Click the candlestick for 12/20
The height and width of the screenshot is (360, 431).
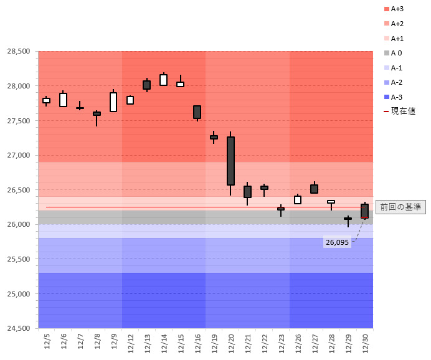pyautogui.click(x=230, y=161)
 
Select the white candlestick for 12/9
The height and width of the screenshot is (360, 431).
pyautogui.click(x=113, y=102)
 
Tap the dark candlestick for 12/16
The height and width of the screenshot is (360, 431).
pyautogui.click(x=197, y=112)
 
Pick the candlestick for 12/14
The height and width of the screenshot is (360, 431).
pyautogui.click(x=163, y=80)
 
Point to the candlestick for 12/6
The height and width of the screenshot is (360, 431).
pyautogui.click(x=63, y=100)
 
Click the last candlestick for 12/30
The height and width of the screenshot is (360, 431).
pyautogui.click(x=364, y=211)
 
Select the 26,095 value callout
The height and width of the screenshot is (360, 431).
pyautogui.click(x=337, y=242)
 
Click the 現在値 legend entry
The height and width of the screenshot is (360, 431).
pyautogui.click(x=399, y=111)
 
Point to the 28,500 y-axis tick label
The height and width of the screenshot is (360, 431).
pyautogui.click(x=19, y=51)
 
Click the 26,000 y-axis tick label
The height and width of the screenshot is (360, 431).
pyautogui.click(x=19, y=224)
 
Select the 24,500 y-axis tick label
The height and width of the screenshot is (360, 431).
pyautogui.click(x=19, y=328)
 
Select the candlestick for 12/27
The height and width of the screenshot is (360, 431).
pyautogui.click(x=314, y=189)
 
